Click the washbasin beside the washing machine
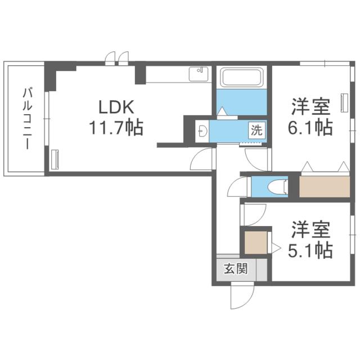202,130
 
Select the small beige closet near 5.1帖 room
256,242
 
